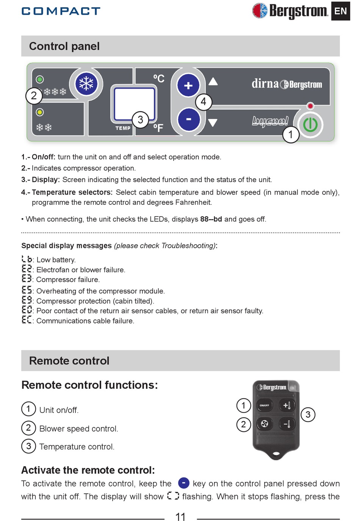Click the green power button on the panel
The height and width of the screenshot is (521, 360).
point(310,125)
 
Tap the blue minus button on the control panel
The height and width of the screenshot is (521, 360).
point(188,119)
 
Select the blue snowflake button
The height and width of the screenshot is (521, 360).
point(86,84)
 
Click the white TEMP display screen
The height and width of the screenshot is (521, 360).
point(135,104)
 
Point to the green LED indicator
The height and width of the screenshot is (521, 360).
point(40,79)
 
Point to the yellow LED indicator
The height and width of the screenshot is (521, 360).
point(40,112)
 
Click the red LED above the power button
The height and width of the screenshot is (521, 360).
point(310,106)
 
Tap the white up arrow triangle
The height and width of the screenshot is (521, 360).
point(213,82)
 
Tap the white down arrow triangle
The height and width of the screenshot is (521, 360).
point(213,122)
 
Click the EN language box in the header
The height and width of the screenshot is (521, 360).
point(340,11)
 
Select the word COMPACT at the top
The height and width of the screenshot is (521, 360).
point(61,11)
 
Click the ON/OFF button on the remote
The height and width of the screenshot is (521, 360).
point(265,405)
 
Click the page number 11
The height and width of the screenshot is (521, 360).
point(180,516)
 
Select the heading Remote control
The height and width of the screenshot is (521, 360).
point(69,361)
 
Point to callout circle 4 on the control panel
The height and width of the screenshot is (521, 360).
point(203,102)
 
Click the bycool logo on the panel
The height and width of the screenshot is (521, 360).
point(270,121)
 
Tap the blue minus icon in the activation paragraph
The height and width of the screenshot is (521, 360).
point(183,483)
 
